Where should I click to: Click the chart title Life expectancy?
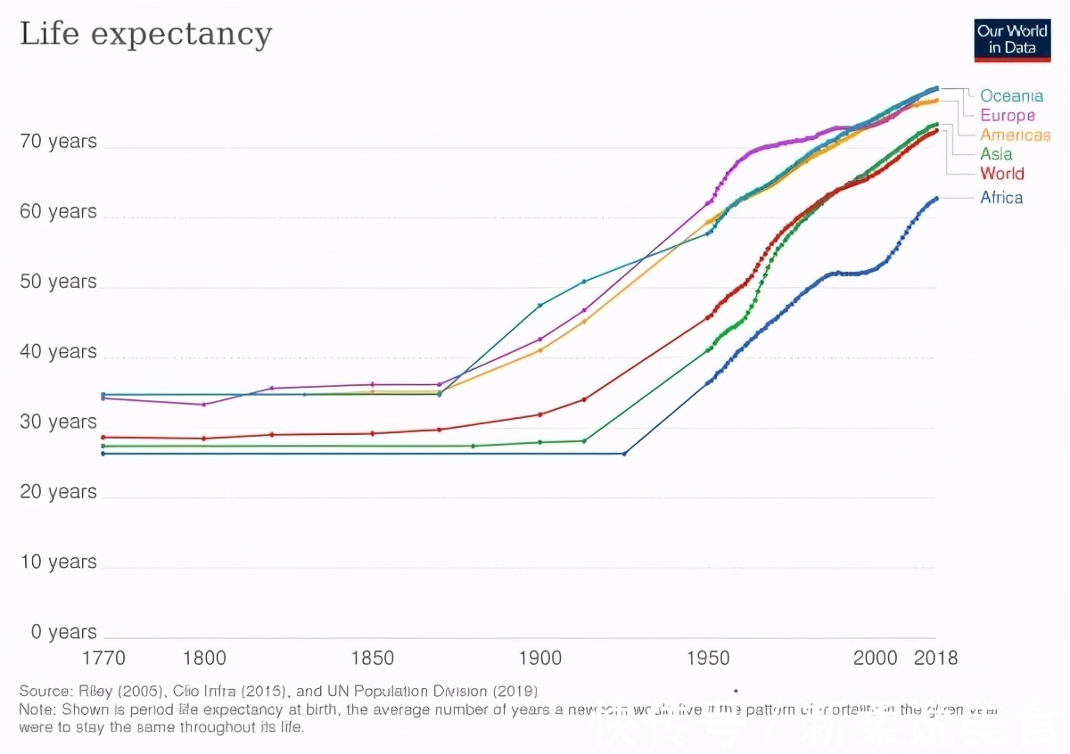145,34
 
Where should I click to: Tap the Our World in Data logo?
1012,39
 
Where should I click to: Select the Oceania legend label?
1011,95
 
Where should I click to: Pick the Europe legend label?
1008,115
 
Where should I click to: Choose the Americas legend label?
1015,135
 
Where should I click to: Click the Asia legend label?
996,154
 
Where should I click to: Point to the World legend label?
1001,174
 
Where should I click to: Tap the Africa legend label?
1001,198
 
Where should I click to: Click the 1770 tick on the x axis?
103,659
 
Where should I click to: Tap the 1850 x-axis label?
373,659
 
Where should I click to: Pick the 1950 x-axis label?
708,659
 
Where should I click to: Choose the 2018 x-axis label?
935,659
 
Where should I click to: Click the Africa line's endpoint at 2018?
936,198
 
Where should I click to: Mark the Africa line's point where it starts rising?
624,454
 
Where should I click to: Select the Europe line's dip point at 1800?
204,405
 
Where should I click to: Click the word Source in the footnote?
45,691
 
